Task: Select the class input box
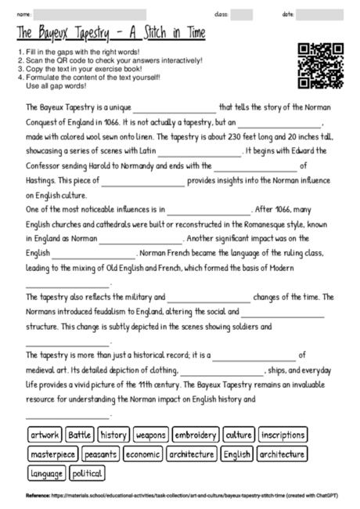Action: coord(242,15)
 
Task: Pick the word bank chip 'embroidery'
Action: coord(195,435)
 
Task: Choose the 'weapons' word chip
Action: coord(150,435)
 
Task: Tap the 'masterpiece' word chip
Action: coord(53,454)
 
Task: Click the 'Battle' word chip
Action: coord(80,435)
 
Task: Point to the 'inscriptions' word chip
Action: coord(283,435)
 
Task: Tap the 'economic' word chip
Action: coord(142,454)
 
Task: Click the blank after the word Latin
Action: coord(200,150)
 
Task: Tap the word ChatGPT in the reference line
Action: coord(308,496)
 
